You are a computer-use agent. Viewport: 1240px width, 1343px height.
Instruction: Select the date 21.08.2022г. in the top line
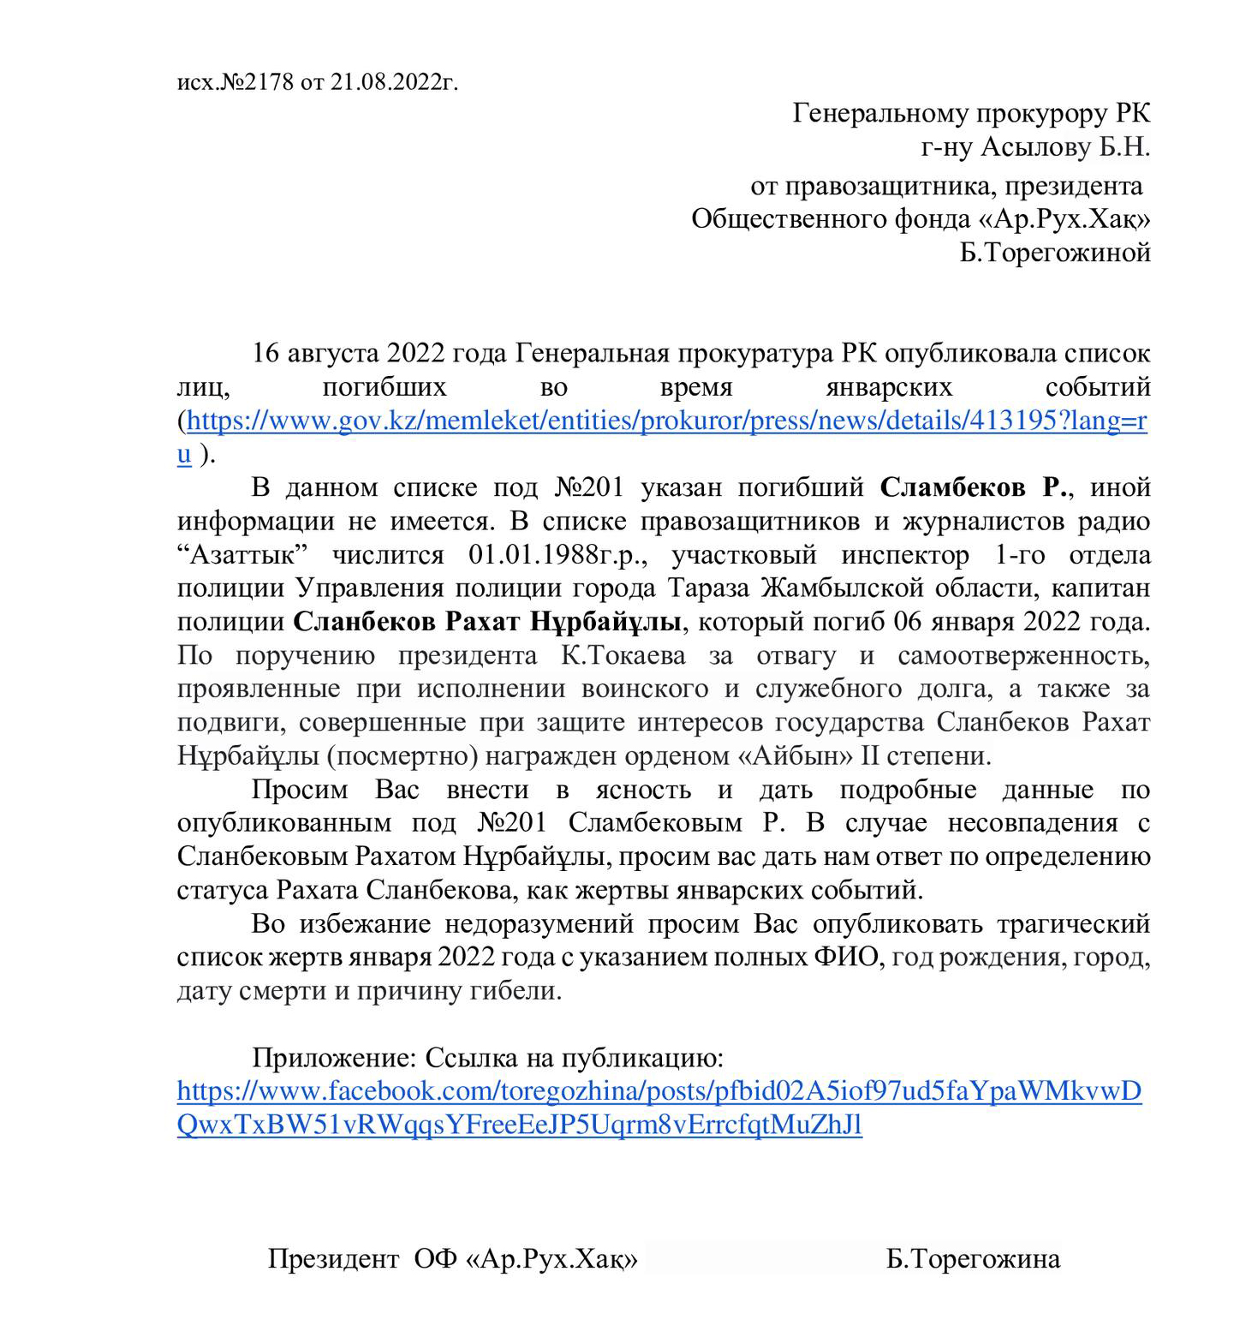[x=394, y=82]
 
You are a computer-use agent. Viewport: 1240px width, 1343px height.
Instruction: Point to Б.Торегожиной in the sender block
[x=1055, y=253]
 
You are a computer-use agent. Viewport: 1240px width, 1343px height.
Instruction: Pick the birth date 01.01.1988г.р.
[x=557, y=555]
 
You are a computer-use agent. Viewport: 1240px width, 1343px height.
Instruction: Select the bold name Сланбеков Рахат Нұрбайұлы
[x=487, y=622]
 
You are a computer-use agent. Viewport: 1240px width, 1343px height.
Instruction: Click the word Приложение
[x=334, y=1059]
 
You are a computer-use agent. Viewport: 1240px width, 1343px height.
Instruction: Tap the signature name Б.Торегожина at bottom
[x=973, y=1259]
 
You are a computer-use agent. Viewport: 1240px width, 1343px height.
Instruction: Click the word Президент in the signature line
[x=333, y=1259]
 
